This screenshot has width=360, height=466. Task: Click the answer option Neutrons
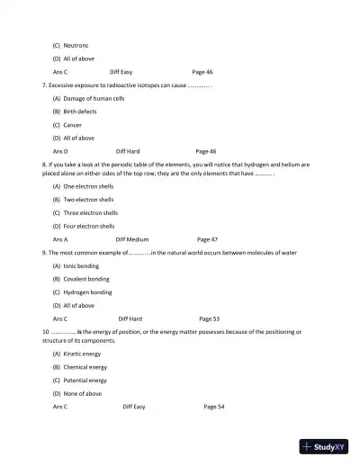(76, 44)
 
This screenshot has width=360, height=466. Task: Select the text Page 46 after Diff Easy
(202, 70)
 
